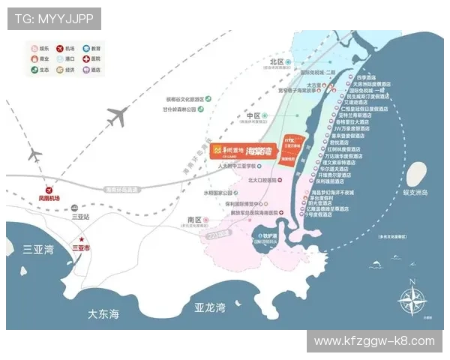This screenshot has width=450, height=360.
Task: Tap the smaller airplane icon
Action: (34, 156)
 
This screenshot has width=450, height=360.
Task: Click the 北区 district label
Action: (277, 61)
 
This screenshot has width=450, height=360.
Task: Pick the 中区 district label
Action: (253, 116)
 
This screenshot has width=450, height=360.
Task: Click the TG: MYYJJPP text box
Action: (54, 19)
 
